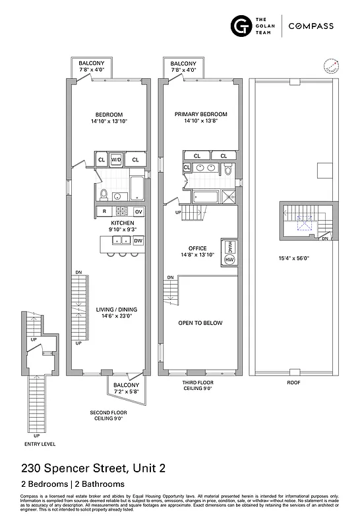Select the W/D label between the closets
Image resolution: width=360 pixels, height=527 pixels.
pos(116,160)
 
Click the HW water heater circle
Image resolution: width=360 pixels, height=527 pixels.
pos(229,260)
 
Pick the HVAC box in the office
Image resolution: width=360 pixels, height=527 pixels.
pos(229,245)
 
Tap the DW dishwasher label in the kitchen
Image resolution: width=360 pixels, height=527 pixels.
pos(138,241)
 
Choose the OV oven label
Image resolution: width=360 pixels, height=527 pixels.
pos(138,211)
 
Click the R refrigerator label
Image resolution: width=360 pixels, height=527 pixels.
pos(104,211)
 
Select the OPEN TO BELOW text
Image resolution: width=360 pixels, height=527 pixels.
pos(200,323)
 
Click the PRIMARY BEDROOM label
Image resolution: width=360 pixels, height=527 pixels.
pos(200,114)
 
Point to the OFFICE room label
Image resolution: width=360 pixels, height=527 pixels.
pos(198,248)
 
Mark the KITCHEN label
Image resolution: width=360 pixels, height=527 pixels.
pos(123,223)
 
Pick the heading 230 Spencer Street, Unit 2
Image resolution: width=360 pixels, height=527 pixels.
pos(93,468)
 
